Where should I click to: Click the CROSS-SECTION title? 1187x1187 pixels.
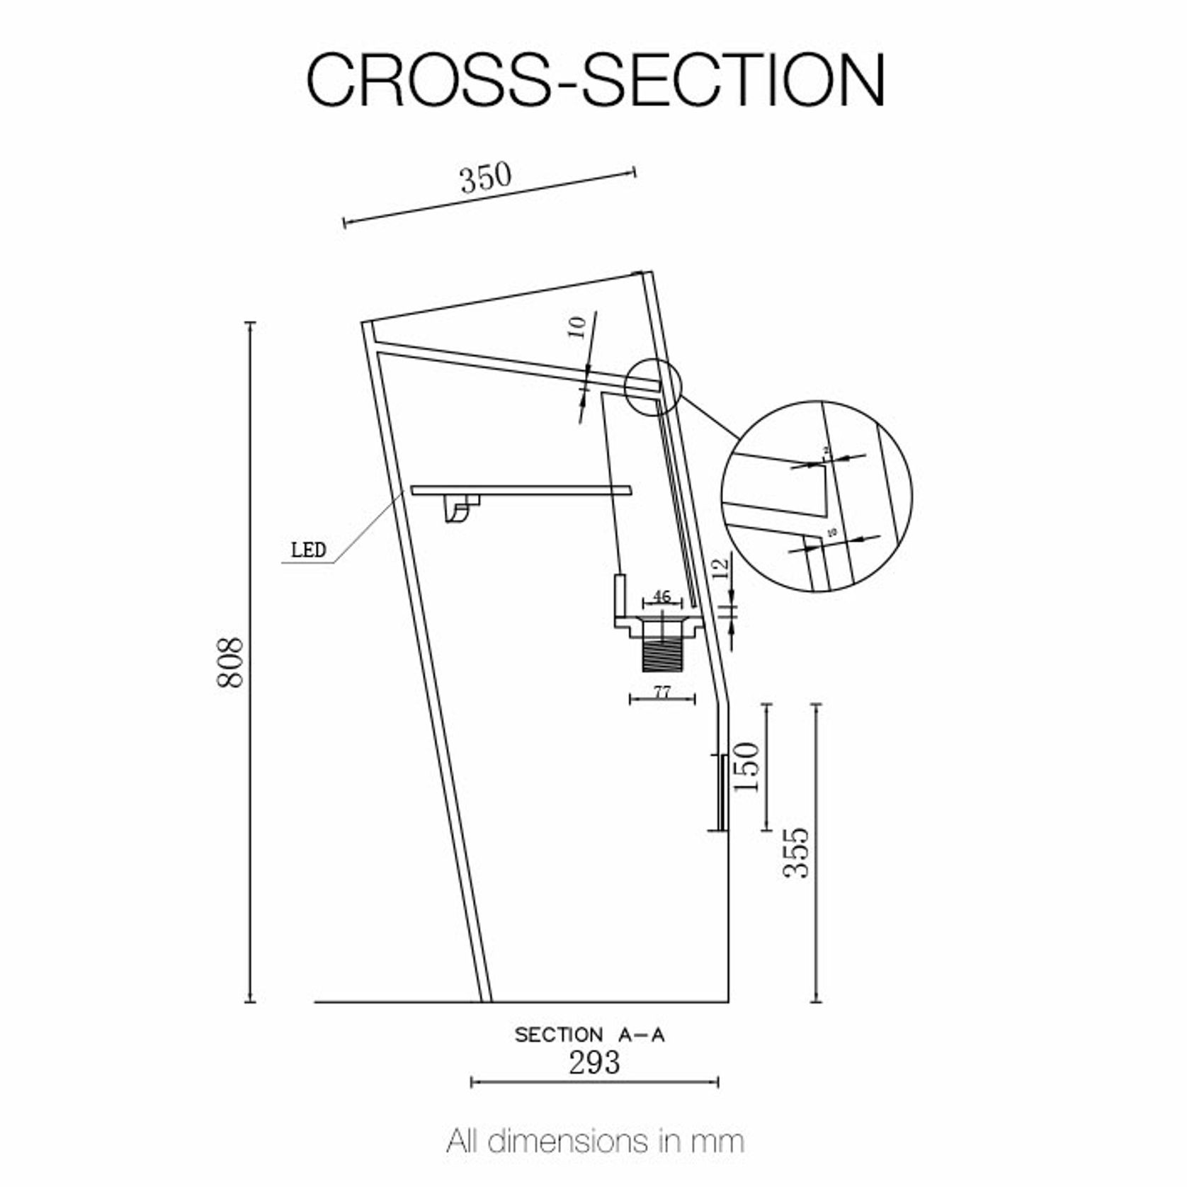(x=595, y=79)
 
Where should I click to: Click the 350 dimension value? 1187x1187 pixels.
(x=485, y=178)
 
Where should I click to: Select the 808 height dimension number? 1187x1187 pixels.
(x=229, y=662)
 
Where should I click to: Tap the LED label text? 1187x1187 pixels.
(x=308, y=550)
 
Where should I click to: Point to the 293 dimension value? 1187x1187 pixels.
(x=594, y=1062)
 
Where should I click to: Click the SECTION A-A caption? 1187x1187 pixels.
(x=589, y=1035)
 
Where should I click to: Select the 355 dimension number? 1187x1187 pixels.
(x=796, y=853)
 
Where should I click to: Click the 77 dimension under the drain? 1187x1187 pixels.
(x=661, y=691)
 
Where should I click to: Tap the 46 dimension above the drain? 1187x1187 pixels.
(x=661, y=596)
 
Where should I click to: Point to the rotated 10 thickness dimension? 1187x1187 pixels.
(x=578, y=327)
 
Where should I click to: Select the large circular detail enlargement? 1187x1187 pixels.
(x=817, y=496)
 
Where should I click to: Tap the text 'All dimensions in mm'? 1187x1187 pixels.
(x=595, y=1141)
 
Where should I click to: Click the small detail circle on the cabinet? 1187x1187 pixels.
(x=652, y=386)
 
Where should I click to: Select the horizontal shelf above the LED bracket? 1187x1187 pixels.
(x=521, y=489)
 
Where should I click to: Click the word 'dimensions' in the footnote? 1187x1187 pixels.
(x=567, y=1141)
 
